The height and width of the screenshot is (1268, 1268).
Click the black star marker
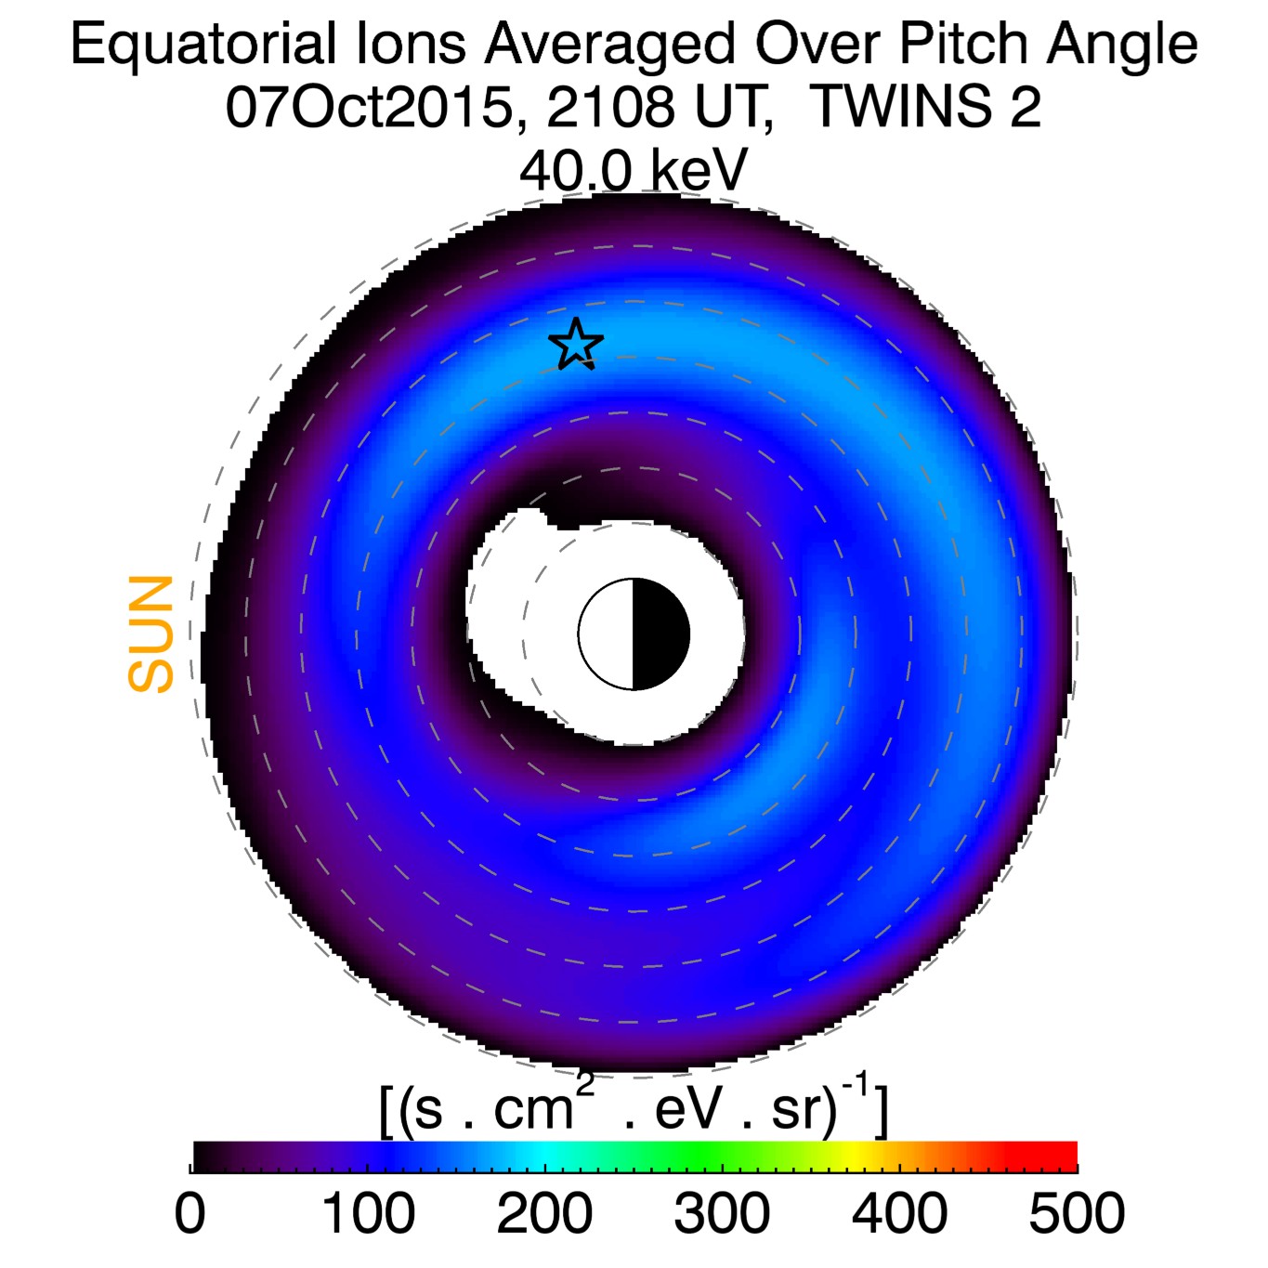point(576,344)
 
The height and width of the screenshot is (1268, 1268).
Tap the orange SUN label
point(151,634)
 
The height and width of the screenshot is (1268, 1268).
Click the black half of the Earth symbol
point(660,634)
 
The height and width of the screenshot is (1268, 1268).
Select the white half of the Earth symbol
point(607,634)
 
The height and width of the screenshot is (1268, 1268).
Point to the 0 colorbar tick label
point(190,1213)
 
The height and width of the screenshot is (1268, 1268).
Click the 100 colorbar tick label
point(368,1213)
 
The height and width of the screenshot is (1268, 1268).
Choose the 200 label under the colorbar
point(544,1213)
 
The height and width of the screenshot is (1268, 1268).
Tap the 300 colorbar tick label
point(722,1213)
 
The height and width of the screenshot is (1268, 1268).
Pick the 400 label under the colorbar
point(899,1213)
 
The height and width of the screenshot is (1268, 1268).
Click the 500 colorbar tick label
point(1077,1213)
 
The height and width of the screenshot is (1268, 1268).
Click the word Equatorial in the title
point(203,44)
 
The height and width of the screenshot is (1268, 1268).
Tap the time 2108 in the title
point(610,108)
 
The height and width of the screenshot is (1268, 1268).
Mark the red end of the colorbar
point(1064,1157)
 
